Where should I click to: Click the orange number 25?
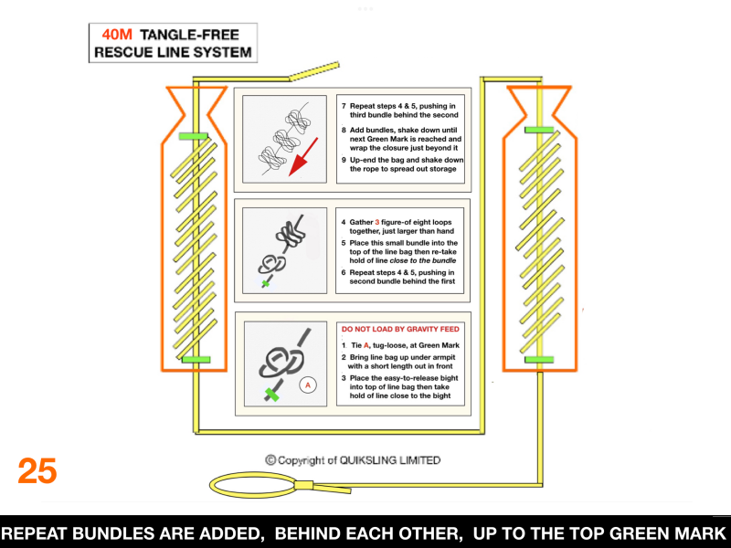tap(37, 470)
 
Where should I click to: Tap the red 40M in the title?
tap(117, 35)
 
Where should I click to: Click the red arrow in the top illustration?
tap(303, 156)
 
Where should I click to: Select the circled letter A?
tap(308, 385)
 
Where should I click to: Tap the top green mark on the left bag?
tap(193, 136)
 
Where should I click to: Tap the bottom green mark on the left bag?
tap(196, 359)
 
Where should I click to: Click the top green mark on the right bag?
tap(539, 130)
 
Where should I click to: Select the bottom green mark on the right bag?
tap(539, 359)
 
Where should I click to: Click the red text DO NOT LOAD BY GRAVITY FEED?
tap(400, 329)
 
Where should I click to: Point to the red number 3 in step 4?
tap(377, 222)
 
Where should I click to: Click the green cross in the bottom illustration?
tap(271, 395)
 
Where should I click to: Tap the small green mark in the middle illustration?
tap(266, 283)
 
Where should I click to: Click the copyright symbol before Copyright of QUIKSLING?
tap(270, 460)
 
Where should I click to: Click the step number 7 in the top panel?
tap(344, 106)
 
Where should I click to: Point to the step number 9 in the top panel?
tap(344, 160)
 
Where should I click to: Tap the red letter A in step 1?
tap(366, 345)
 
